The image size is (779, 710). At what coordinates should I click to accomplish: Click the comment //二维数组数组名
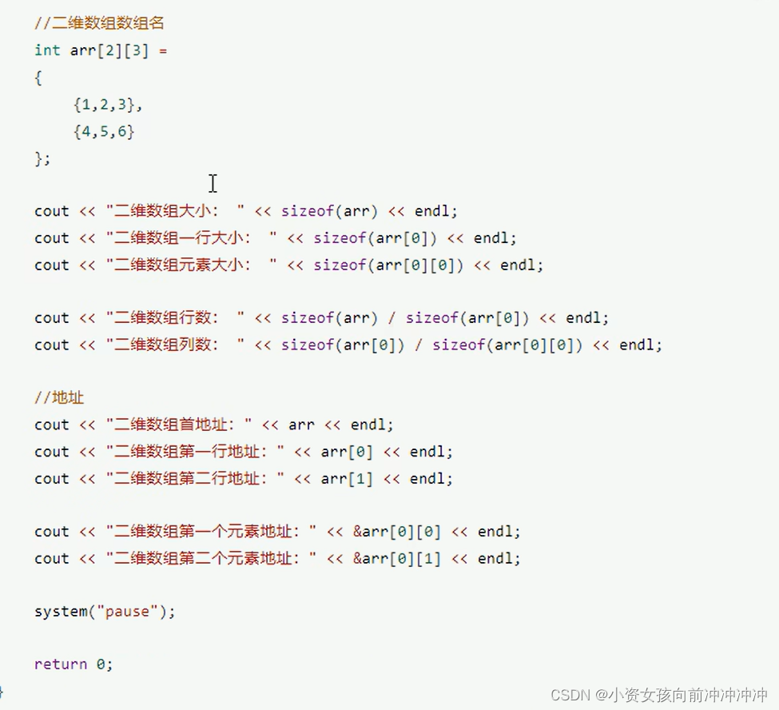click(100, 23)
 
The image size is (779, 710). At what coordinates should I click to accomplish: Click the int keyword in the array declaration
click(47, 50)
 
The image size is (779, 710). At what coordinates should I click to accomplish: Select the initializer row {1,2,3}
click(108, 104)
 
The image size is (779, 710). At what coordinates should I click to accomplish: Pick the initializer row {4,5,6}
click(104, 131)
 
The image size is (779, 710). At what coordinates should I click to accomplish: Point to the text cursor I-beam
click(213, 183)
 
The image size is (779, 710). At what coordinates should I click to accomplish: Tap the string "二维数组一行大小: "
click(191, 238)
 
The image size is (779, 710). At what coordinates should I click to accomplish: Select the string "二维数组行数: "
click(175, 318)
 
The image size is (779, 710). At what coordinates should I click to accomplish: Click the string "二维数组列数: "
click(175, 345)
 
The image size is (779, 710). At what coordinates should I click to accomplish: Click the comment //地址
click(59, 397)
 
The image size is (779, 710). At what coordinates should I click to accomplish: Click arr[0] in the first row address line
click(347, 452)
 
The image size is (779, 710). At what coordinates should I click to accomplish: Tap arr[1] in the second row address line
click(347, 479)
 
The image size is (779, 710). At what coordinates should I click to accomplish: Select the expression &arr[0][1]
click(397, 559)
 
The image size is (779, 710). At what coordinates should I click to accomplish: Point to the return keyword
click(61, 664)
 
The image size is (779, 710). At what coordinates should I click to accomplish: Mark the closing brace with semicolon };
click(42, 158)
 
